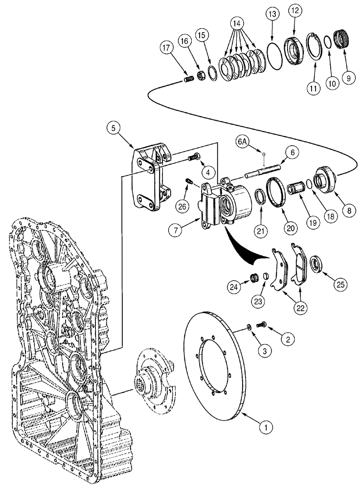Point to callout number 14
pos(237,23)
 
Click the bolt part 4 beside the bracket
pos(194,157)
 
